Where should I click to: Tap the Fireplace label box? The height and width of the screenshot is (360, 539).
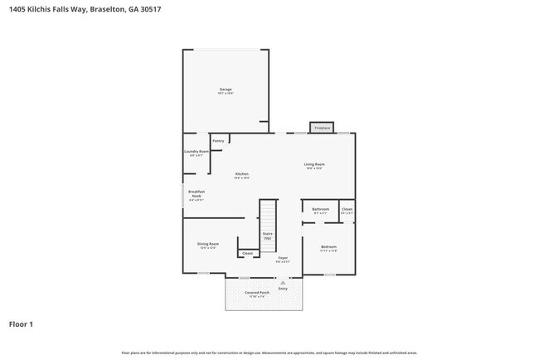(x=321, y=128)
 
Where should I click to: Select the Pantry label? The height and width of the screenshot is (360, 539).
(x=218, y=141)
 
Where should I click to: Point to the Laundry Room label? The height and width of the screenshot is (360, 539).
(x=197, y=153)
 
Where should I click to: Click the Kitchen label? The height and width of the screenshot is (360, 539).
(x=241, y=175)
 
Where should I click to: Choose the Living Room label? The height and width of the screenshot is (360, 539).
(x=314, y=166)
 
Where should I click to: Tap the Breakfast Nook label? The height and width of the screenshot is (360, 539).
(x=197, y=195)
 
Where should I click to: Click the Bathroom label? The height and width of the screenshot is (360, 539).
(x=320, y=210)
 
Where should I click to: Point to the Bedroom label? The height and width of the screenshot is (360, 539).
(x=328, y=248)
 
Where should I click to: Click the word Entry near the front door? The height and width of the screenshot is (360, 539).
(x=283, y=288)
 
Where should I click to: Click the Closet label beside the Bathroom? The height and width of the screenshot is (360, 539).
(x=347, y=210)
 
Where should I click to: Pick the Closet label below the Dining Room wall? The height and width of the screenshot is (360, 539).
(x=247, y=252)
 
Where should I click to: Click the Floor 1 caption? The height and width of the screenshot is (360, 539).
(x=22, y=324)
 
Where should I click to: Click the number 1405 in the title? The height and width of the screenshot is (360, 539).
(x=17, y=10)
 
